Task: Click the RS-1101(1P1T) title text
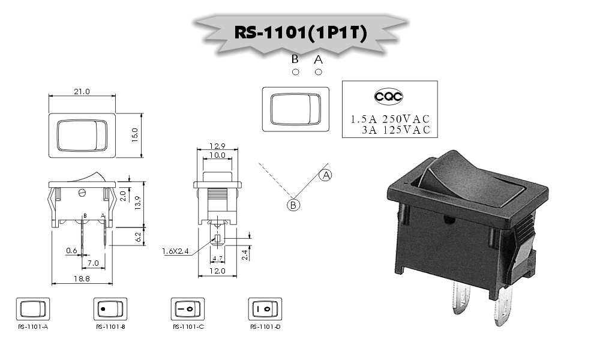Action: [x=301, y=32]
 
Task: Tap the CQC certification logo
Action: [x=388, y=97]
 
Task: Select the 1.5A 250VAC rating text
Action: [x=390, y=119]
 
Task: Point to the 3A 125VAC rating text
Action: [x=396, y=130]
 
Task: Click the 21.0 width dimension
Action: [x=82, y=91]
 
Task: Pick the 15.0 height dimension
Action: [x=135, y=135]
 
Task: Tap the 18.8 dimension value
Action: [x=82, y=278]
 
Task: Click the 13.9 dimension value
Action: [x=137, y=203]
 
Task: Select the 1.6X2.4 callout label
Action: [x=175, y=251]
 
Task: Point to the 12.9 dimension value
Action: [x=217, y=146]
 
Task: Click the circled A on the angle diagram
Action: [x=325, y=175]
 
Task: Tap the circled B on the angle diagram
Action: [x=293, y=205]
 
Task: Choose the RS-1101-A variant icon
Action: [x=33, y=309]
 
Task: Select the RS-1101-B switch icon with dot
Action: [x=110, y=309]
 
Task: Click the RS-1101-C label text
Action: [x=188, y=326]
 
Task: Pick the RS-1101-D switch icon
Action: [x=265, y=309]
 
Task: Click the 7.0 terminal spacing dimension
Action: [x=93, y=263]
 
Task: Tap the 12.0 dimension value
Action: [x=217, y=271]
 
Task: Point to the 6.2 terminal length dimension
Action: [x=138, y=237]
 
